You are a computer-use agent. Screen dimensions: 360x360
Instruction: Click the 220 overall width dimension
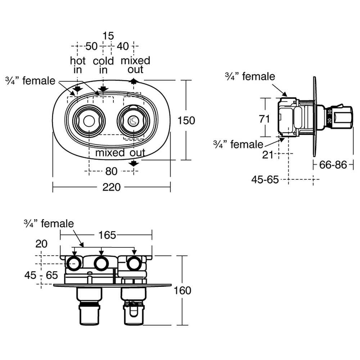[112, 187]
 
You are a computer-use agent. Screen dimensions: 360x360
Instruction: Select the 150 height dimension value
[186, 120]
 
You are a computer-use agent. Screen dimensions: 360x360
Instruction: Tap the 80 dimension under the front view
[111, 171]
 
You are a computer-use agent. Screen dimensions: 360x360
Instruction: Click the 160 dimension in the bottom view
[182, 290]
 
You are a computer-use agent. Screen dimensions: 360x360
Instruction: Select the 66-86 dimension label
[333, 165]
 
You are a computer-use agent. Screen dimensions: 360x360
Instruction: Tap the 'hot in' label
[78, 65]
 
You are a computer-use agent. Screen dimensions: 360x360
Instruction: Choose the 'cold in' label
[103, 65]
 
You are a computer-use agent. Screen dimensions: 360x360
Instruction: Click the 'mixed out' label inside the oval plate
[120, 153]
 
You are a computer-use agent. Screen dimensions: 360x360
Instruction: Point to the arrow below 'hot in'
[78, 89]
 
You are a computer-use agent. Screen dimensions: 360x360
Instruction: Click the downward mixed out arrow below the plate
[134, 164]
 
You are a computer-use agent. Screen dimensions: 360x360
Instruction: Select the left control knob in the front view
[89, 121]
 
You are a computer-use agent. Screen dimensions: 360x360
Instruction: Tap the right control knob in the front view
[133, 121]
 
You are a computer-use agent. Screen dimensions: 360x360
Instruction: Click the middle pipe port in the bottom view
[101, 264]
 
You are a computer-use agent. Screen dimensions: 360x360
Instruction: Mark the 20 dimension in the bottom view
[41, 244]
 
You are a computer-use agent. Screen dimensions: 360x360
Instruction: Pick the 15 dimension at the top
[108, 36]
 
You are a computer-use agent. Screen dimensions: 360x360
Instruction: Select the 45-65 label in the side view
[265, 179]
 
